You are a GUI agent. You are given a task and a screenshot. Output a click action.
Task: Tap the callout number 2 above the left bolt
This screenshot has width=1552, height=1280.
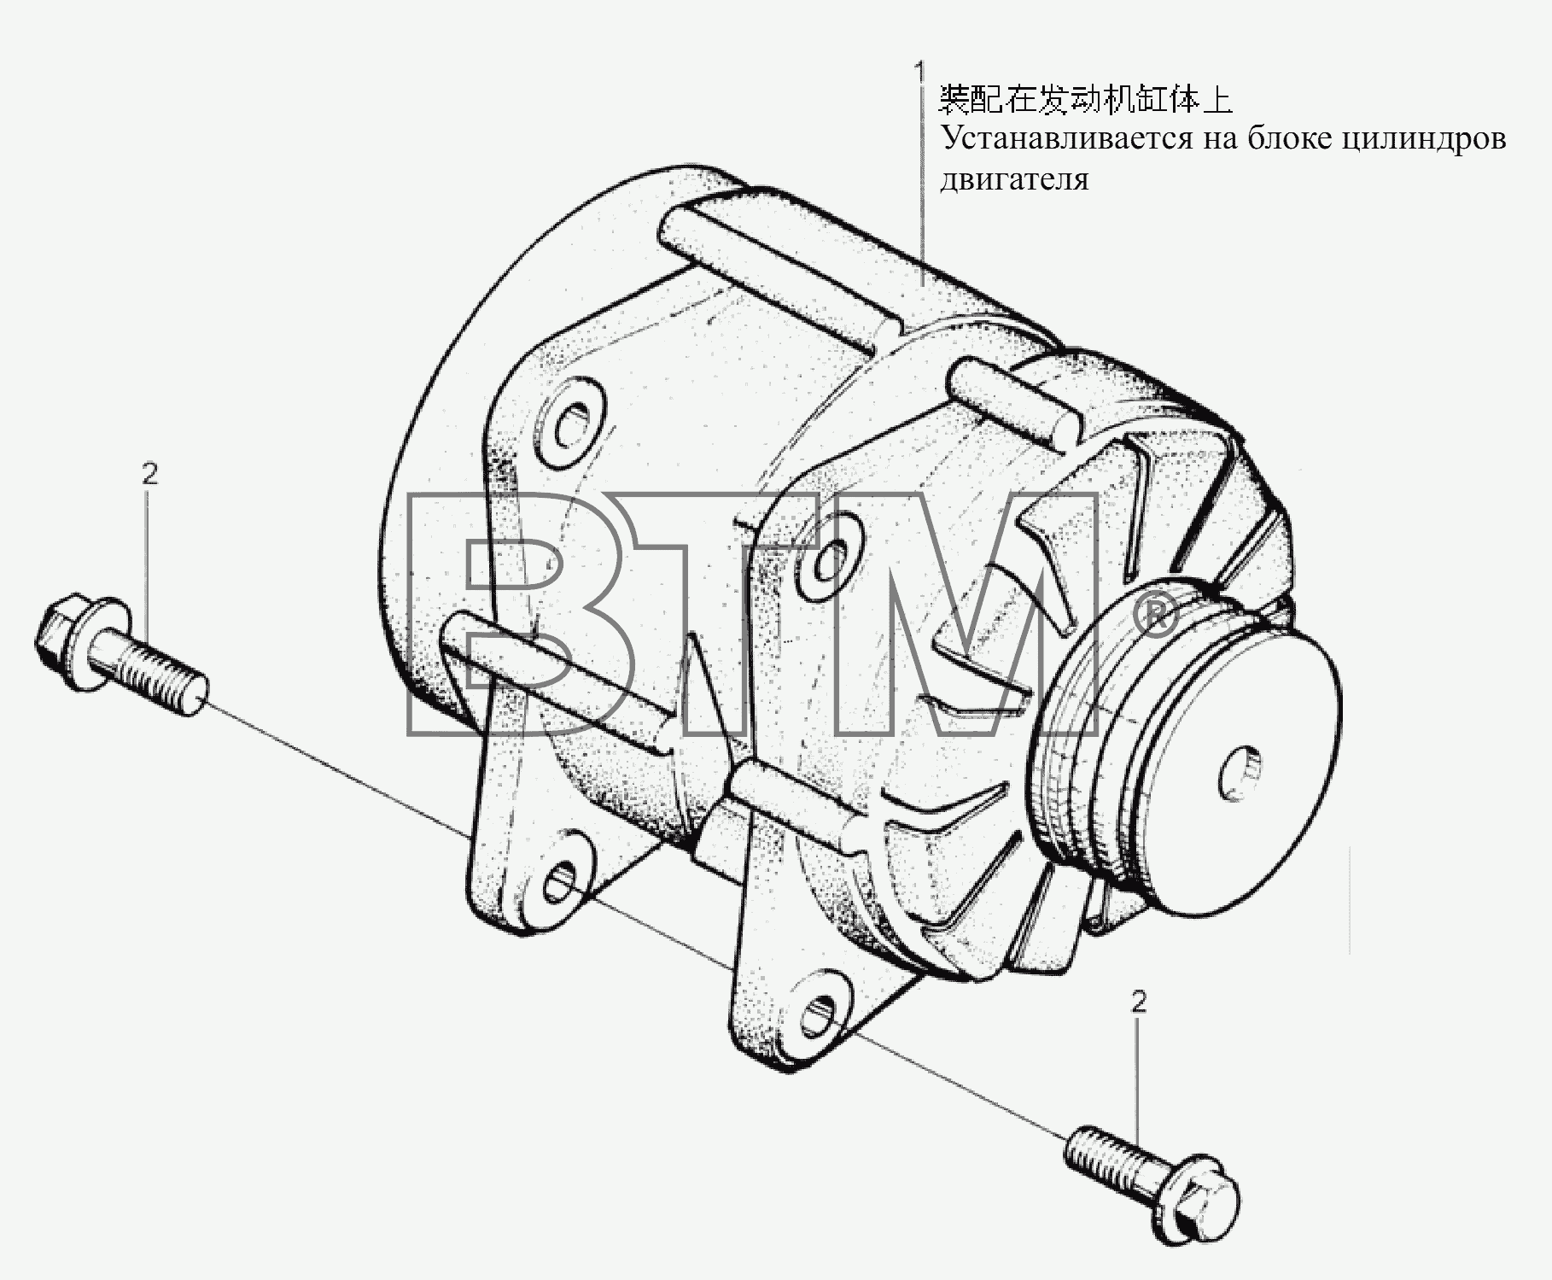click(x=149, y=474)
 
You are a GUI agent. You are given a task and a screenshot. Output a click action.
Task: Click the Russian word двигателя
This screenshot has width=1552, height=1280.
click(x=1014, y=179)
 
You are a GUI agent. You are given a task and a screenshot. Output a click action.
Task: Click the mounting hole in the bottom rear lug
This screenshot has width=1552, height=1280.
click(x=563, y=883)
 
